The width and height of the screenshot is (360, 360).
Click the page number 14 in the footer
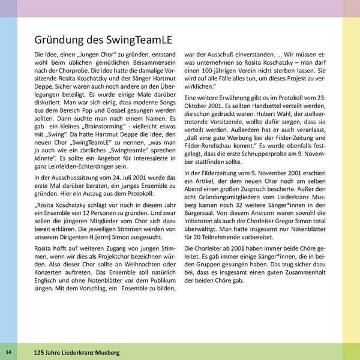pos(9,351)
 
